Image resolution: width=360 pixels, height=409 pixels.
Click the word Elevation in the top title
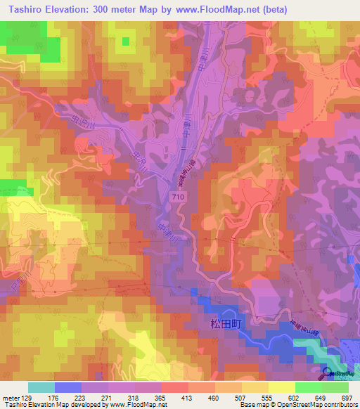pos(75,9)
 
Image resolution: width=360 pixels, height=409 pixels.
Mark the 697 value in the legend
pos(345,398)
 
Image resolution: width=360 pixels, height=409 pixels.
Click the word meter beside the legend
pos(10,398)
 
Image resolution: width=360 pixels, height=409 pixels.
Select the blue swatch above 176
pos(68,387)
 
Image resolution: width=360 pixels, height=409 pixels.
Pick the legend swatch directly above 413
pos(175,387)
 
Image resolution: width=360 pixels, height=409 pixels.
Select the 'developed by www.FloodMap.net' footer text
pos(124,405)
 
